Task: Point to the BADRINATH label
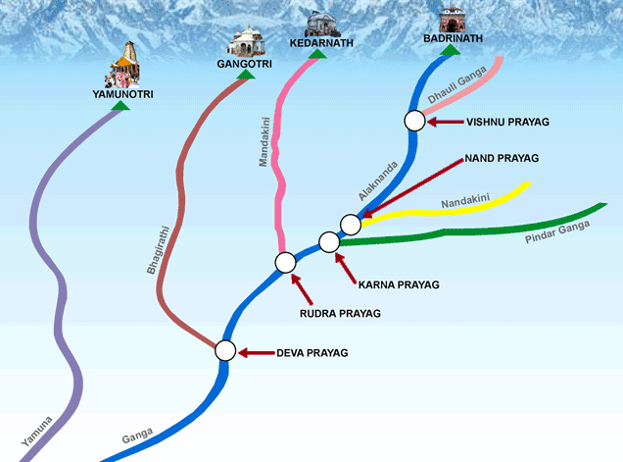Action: [x=453, y=38]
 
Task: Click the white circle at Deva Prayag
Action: [x=225, y=350]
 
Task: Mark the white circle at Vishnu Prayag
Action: [x=414, y=121]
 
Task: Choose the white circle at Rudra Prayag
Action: [x=285, y=262]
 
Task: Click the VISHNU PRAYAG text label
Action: [x=508, y=122]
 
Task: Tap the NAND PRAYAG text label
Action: [x=504, y=157]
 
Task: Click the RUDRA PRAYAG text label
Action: [x=337, y=313]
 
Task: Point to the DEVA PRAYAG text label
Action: [x=311, y=352]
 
